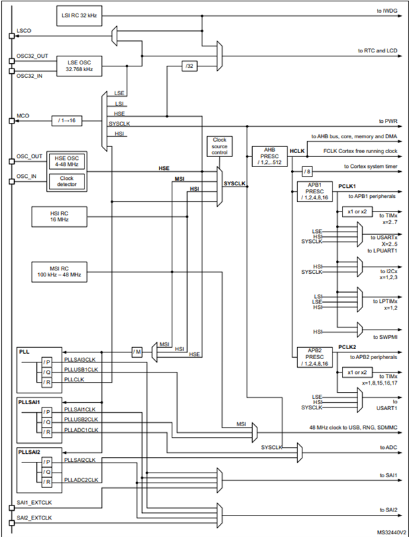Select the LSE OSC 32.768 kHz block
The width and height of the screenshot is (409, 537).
tap(79, 64)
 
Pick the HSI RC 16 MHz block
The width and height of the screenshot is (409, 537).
tap(60, 216)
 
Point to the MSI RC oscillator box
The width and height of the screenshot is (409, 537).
tap(60, 272)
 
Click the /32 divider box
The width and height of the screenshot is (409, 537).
tap(189, 65)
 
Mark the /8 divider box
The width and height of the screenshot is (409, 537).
tap(307, 171)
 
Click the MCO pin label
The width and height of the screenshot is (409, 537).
tap(24, 117)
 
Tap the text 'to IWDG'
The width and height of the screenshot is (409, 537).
tap(388, 12)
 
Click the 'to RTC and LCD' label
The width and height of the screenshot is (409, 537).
tap(377, 50)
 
